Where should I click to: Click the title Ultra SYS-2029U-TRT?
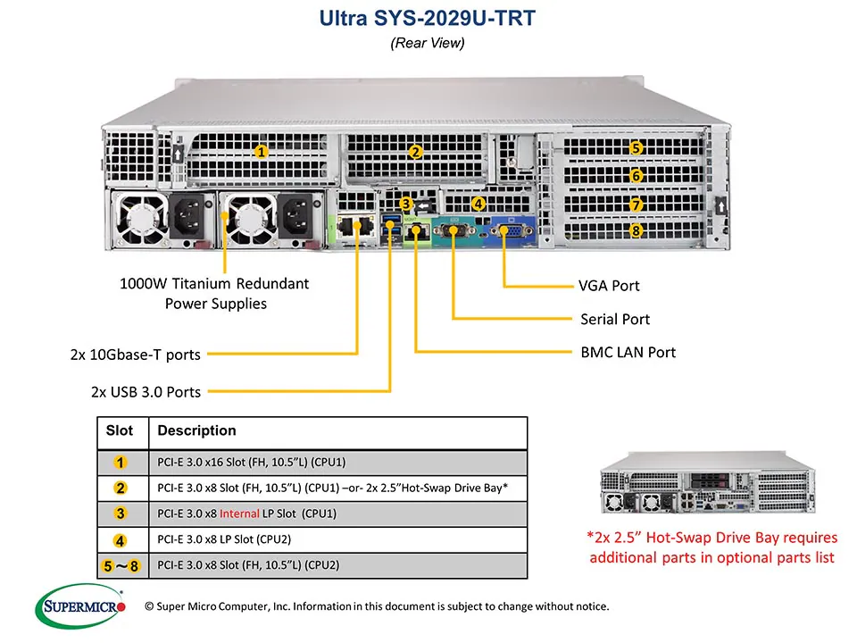(x=428, y=18)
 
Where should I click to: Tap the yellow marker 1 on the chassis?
(x=261, y=152)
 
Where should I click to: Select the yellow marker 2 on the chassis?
(x=415, y=152)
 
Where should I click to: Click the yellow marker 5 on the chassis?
(x=636, y=148)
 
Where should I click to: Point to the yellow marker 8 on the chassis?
(x=636, y=231)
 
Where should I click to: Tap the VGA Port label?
(x=609, y=287)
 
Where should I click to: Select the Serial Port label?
(x=614, y=319)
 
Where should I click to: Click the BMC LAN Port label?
(x=628, y=352)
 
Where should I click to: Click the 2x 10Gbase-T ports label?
(x=135, y=355)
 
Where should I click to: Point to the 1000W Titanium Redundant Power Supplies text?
(x=214, y=294)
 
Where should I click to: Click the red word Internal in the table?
(x=239, y=514)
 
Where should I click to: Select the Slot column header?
(x=120, y=431)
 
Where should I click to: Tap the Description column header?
(x=196, y=431)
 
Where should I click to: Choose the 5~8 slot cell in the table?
(x=121, y=565)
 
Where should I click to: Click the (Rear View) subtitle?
(x=428, y=43)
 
